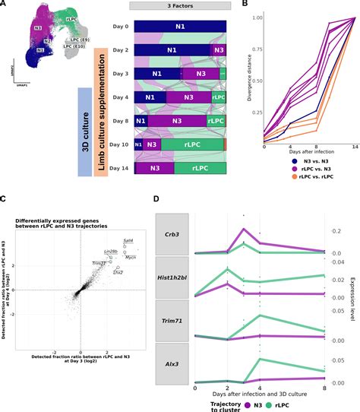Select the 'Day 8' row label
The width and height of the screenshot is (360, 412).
pos(114,120)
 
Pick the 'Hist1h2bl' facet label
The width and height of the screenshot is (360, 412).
pos(172,277)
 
